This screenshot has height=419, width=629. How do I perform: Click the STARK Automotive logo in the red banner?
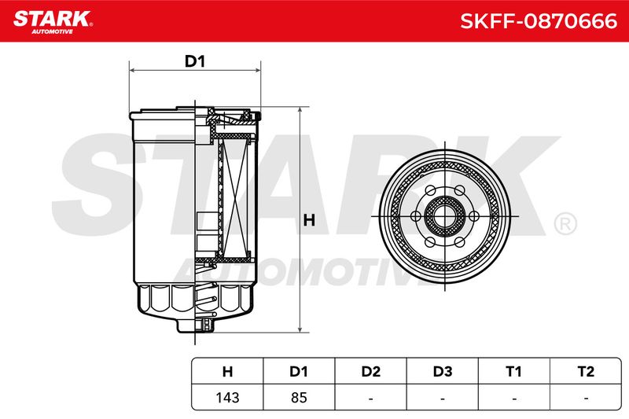[53, 22]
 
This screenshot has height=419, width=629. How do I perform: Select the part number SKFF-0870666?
[539, 21]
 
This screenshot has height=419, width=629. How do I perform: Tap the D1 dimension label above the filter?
[194, 61]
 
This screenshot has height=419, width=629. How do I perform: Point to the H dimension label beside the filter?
[309, 220]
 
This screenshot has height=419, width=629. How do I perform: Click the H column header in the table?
[227, 371]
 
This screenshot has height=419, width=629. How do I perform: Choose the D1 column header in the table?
[299, 371]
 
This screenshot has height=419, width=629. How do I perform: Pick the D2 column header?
[370, 371]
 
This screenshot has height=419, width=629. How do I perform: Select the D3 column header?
[443, 371]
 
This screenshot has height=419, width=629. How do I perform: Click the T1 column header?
[514, 371]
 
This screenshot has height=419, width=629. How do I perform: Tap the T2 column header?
[586, 371]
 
